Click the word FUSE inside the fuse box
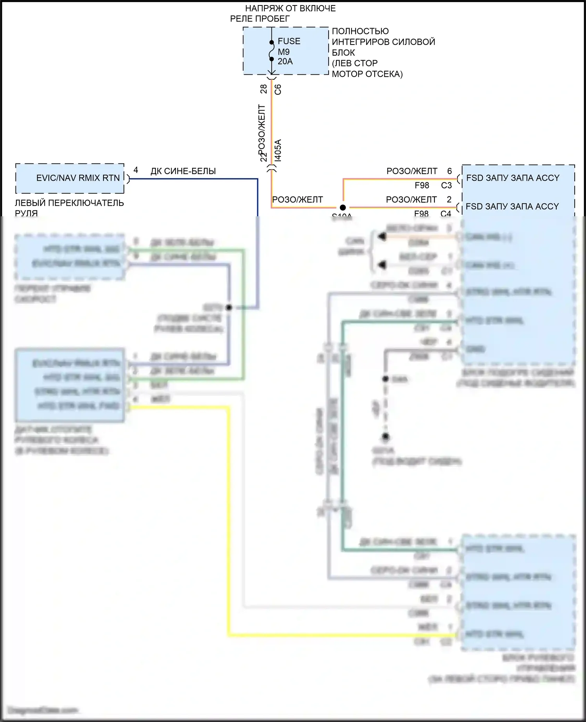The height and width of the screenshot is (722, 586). (289, 41)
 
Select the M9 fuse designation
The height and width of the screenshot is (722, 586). (284, 52)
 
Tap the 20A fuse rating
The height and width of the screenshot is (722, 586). (285, 61)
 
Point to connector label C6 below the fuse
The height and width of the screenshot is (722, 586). (278, 89)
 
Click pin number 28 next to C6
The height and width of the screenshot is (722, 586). (264, 89)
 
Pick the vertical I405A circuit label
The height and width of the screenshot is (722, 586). (278, 150)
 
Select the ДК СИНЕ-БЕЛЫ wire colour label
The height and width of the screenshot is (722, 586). (183, 171)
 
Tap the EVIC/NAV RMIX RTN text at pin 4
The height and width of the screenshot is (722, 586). (78, 178)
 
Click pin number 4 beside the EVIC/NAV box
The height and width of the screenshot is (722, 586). (136, 170)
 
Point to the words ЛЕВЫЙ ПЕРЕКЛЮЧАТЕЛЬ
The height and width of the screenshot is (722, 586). (69, 203)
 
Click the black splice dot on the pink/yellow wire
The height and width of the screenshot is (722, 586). (343, 208)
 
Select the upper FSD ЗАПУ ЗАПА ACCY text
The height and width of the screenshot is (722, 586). (513, 178)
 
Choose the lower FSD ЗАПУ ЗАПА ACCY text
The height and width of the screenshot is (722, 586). (512, 207)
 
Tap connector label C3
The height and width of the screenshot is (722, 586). (446, 185)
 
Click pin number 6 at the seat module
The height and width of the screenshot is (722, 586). (449, 171)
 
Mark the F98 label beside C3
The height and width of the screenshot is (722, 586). (422, 185)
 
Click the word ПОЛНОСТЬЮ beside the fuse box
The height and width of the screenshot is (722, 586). (360, 31)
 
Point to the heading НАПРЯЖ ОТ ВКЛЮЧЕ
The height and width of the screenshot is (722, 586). (290, 8)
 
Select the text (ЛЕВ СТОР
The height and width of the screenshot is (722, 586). (355, 63)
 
